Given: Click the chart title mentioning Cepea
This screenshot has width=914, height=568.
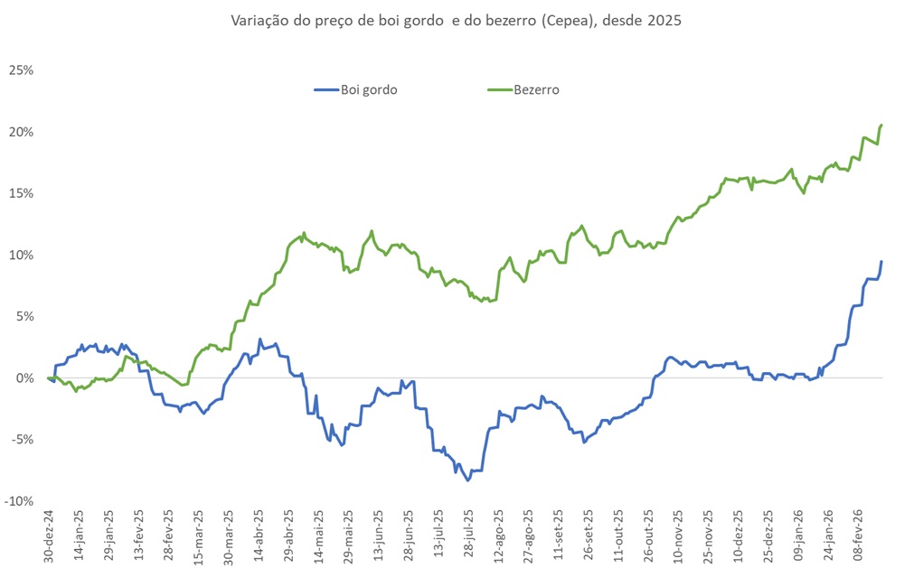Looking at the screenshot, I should (456, 20).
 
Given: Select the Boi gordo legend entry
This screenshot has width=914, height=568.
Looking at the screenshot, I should (369, 89).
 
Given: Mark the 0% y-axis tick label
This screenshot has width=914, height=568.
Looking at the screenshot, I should (24, 377).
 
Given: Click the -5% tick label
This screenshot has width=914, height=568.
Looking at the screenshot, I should (21, 440).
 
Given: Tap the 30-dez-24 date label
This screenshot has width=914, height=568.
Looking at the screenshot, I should (49, 537).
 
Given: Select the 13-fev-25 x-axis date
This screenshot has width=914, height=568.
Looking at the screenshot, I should (139, 537).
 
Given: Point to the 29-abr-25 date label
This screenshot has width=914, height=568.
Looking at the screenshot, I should (288, 537).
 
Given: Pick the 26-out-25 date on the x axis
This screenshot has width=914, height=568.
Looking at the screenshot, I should (648, 537).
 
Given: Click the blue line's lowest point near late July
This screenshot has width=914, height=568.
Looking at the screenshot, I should (468, 480).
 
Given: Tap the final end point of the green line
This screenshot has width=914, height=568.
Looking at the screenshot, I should (881, 125).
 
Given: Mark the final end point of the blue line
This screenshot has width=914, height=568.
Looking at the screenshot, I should (881, 262).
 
